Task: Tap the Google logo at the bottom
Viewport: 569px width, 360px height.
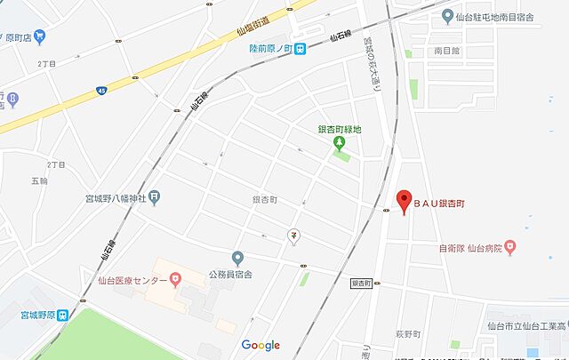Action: (x=260, y=345)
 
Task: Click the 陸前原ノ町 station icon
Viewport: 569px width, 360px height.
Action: (x=301, y=48)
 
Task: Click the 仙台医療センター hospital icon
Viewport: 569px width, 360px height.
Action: (x=175, y=279)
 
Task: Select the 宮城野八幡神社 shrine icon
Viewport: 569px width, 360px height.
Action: (x=155, y=196)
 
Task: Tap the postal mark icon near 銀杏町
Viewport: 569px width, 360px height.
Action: (x=293, y=236)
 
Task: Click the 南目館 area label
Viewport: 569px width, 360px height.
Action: (x=447, y=52)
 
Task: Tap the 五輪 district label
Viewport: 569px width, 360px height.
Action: (x=38, y=181)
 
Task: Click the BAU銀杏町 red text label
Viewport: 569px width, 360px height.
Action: (x=441, y=204)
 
